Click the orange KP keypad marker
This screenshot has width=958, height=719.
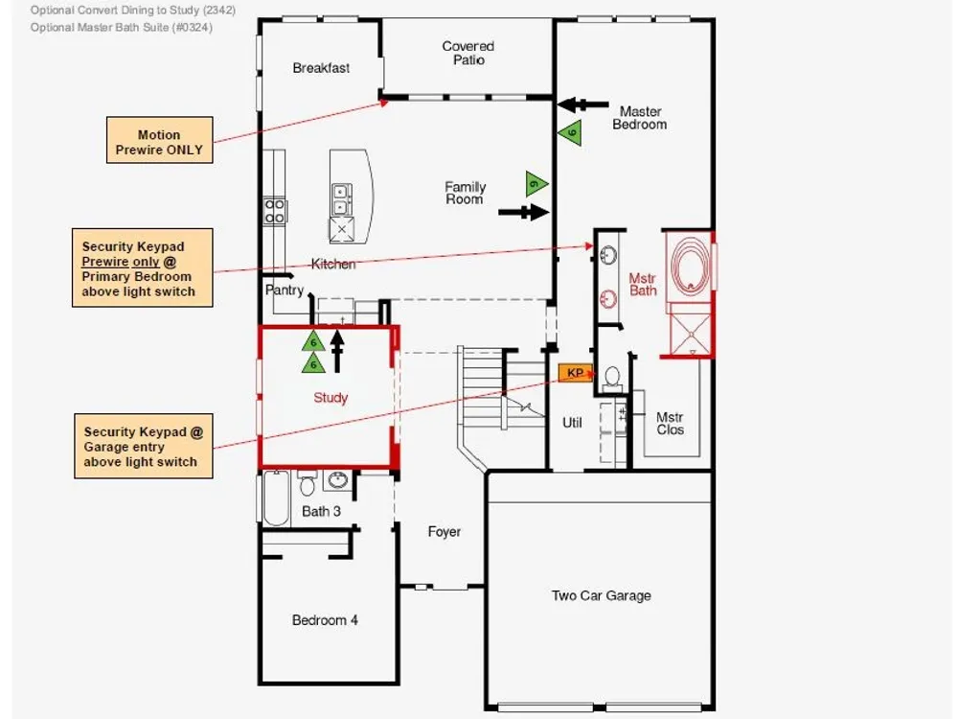click(x=575, y=373)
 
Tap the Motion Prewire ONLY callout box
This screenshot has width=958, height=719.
click(x=159, y=140)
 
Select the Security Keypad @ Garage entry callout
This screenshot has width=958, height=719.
click(x=144, y=446)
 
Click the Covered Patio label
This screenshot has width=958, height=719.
click(x=468, y=53)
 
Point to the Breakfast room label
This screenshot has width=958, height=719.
click(x=321, y=68)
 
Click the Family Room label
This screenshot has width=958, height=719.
click(x=465, y=193)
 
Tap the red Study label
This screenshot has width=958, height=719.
click(x=331, y=398)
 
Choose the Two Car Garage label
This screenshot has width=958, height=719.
click(x=602, y=595)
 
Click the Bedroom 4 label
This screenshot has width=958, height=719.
click(x=325, y=620)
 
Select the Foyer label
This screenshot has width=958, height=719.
click(x=445, y=532)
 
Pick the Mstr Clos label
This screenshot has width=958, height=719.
click(x=670, y=423)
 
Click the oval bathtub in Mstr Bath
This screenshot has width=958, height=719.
click(x=691, y=267)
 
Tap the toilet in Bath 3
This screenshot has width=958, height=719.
click(x=308, y=483)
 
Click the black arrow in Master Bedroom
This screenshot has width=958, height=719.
click(x=582, y=105)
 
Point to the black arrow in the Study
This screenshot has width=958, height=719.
click(x=336, y=352)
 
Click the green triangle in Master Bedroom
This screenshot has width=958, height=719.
click(x=571, y=132)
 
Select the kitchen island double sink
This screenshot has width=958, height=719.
click(x=341, y=199)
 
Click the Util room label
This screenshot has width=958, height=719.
click(x=572, y=423)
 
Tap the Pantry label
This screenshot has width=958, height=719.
click(x=285, y=290)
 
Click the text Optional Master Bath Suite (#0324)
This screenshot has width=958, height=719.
click(x=122, y=28)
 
